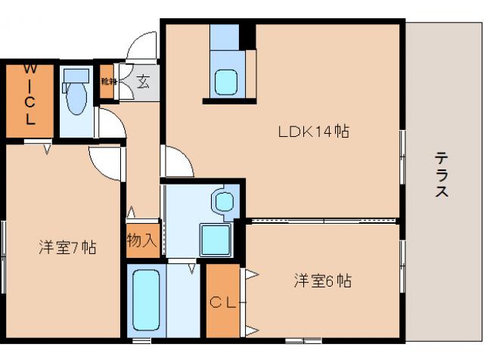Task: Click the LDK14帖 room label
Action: coord(312,131)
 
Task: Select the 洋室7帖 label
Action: coord(67,247)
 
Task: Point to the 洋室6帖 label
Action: coord(322,281)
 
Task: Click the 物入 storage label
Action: coord(142,240)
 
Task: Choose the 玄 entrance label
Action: coord(144,79)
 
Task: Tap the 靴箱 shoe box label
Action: coord(109,79)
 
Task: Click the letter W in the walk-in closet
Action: coord(29,70)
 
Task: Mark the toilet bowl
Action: coord(76,101)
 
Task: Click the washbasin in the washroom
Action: coord(225,201)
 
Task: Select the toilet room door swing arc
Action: coord(110,123)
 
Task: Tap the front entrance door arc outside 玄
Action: coord(142,48)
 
